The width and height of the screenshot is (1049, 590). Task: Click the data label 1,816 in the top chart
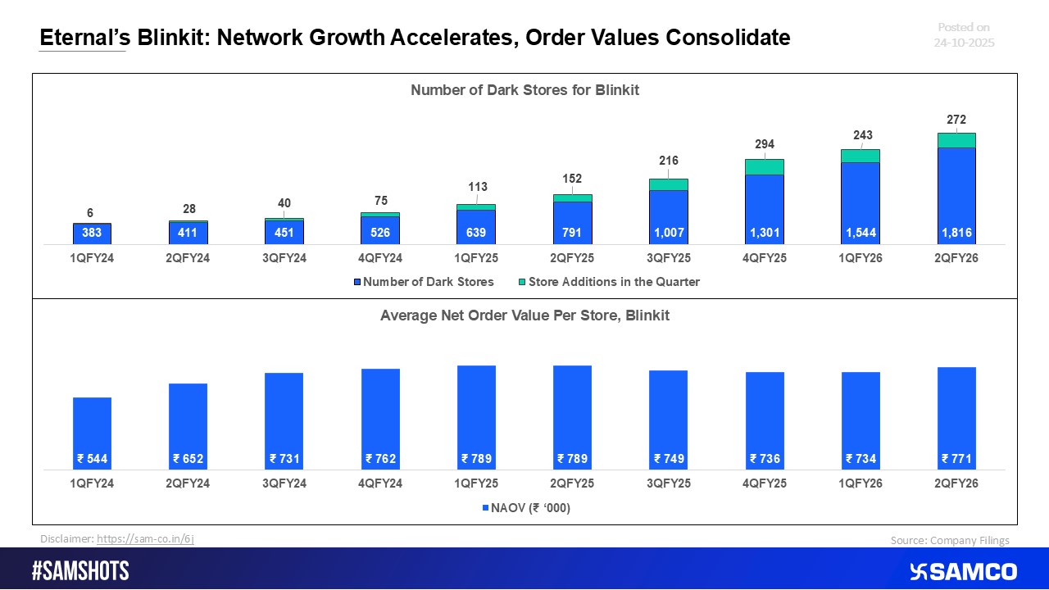pyautogui.click(x=956, y=233)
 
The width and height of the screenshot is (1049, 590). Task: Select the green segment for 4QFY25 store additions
pyautogui.click(x=764, y=167)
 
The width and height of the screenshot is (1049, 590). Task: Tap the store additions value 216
pyautogui.click(x=668, y=161)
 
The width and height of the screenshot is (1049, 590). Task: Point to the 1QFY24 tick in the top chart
pyautogui.click(x=92, y=257)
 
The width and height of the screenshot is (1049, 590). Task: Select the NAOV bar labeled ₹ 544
pyautogui.click(x=92, y=430)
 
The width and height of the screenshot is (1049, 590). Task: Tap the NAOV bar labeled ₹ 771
pyautogui.click(x=956, y=414)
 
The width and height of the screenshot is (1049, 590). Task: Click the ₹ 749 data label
pyautogui.click(x=668, y=459)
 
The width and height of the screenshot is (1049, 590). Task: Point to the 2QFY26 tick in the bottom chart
pyautogui.click(x=956, y=483)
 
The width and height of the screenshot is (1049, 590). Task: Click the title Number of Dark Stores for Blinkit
pyautogui.click(x=524, y=91)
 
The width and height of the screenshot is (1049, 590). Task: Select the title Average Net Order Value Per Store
pyautogui.click(x=524, y=315)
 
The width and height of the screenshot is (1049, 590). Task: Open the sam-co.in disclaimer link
pyautogui.click(x=145, y=539)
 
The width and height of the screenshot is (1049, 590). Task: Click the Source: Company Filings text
pyautogui.click(x=950, y=540)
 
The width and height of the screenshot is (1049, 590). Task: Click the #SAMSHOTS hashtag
pyautogui.click(x=80, y=571)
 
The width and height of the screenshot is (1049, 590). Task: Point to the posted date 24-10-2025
pyautogui.click(x=964, y=43)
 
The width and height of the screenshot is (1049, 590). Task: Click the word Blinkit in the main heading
pyautogui.click(x=162, y=37)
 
